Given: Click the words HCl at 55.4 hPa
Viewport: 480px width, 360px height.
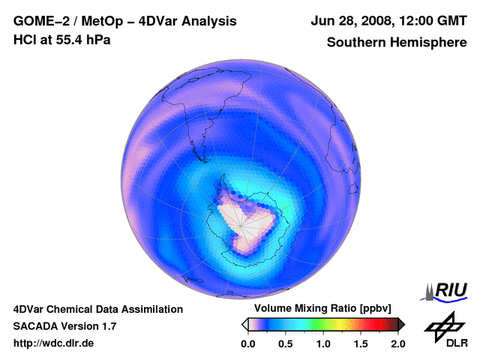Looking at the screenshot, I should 61,40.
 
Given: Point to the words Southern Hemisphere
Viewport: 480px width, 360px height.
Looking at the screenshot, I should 397,43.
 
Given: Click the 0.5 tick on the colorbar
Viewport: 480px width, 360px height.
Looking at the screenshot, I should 286,343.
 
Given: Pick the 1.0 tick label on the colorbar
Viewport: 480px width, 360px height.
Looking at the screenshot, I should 323,343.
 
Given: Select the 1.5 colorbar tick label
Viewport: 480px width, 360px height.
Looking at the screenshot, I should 361,343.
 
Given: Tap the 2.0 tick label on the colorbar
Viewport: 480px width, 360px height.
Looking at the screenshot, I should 397,343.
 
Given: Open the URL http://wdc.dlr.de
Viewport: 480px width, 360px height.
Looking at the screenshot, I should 54,343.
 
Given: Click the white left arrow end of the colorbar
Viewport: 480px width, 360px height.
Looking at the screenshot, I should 244,324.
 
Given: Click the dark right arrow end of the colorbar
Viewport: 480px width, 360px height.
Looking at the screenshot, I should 401,324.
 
